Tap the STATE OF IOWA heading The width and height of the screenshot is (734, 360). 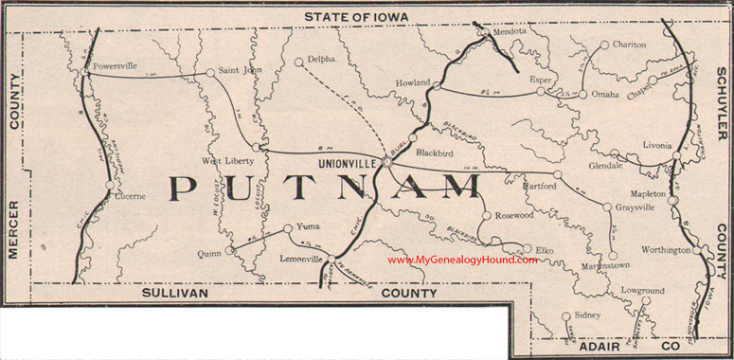[x=366, y=17]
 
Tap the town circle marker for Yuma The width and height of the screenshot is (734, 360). [x=288, y=227]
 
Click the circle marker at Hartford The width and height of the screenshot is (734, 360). [x=558, y=175]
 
